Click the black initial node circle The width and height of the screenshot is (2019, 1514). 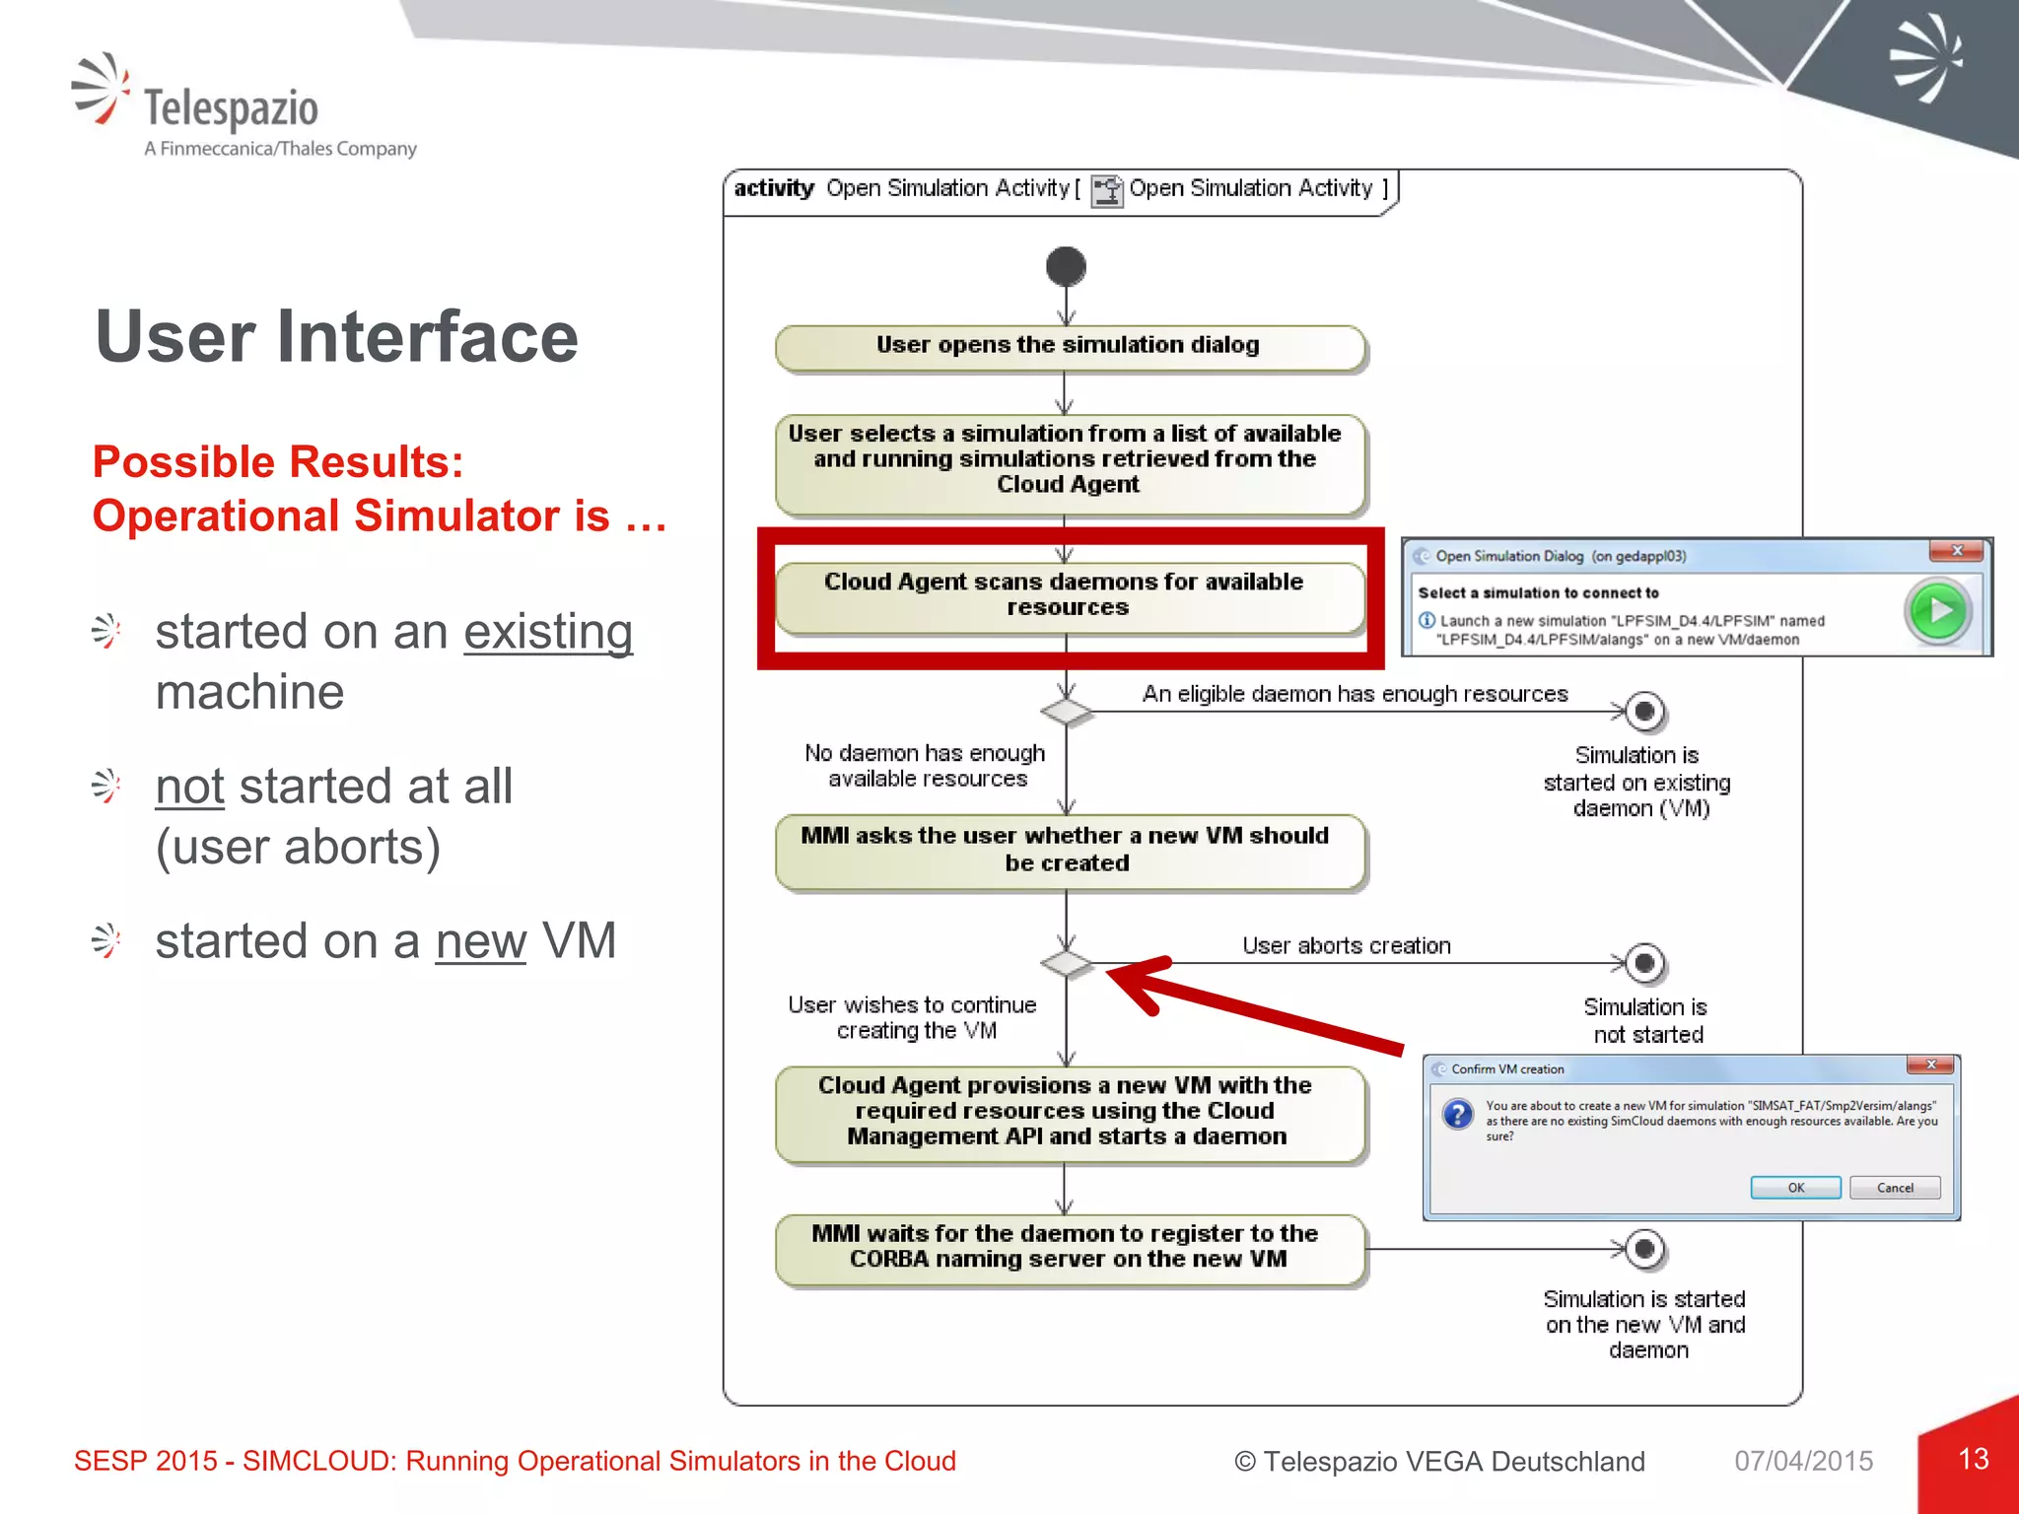pyautogui.click(x=1066, y=266)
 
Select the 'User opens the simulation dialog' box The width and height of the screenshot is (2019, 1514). pyautogui.click(x=1070, y=347)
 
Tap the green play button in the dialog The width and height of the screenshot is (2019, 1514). pyautogui.click(x=1938, y=611)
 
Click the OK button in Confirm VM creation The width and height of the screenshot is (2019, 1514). pyautogui.click(x=1795, y=1188)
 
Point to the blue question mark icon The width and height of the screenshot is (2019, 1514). pyautogui.click(x=1457, y=1115)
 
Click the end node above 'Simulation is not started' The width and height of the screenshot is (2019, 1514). pyautogui.click(x=1644, y=963)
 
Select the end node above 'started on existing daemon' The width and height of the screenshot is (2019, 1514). pyautogui.click(x=1644, y=711)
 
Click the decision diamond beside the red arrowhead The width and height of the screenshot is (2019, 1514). pyautogui.click(x=1066, y=963)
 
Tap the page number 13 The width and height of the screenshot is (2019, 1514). pyautogui.click(x=1973, y=1459)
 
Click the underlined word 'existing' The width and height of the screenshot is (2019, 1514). pyautogui.click(x=548, y=633)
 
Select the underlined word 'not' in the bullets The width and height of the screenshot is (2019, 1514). pyautogui.click(x=190, y=787)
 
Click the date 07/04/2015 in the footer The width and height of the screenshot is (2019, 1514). pyautogui.click(x=1803, y=1461)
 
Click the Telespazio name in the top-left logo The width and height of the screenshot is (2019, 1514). pyautogui.click(x=232, y=108)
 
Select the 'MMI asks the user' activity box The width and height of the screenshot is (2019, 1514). pyautogui.click(x=1070, y=851)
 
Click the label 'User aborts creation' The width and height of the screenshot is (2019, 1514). pyautogui.click(x=1346, y=946)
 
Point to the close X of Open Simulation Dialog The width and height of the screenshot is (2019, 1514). pyautogui.click(x=1957, y=551)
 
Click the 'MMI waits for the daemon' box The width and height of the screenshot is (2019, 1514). pyautogui.click(x=1070, y=1248)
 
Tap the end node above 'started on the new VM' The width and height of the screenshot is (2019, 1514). pyautogui.click(x=1644, y=1249)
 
